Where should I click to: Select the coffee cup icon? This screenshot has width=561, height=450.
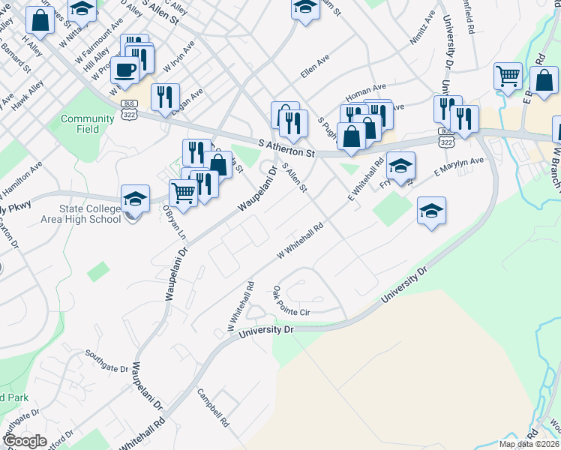tap(124, 70)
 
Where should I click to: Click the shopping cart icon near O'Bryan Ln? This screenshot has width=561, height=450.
tap(183, 193)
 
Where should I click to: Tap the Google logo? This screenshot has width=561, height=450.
tap(25, 441)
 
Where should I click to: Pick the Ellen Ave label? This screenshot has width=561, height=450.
tap(314, 66)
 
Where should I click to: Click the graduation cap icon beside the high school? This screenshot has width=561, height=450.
tap(135, 199)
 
